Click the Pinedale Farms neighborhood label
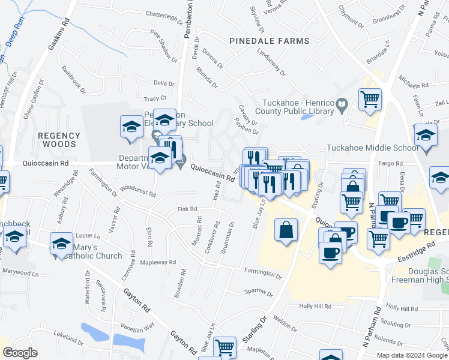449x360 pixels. (270, 41)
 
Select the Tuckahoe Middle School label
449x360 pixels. (372, 148)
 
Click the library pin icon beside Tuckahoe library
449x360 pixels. (342, 106)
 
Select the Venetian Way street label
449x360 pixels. (140, 325)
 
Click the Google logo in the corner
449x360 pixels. (20, 353)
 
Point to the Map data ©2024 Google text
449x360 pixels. (411, 355)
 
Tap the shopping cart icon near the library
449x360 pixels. (370, 99)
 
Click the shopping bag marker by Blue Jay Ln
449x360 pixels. (286, 230)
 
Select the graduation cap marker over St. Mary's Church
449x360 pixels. (61, 244)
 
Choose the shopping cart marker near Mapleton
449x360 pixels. (224, 347)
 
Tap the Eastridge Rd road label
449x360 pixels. (416, 253)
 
